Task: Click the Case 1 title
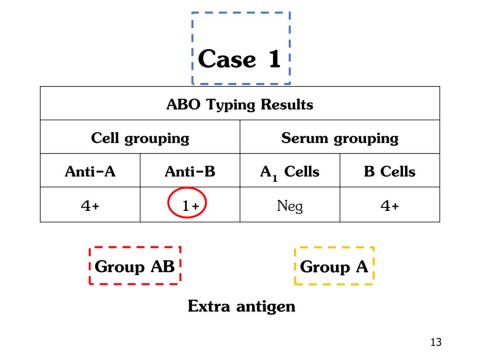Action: [x=240, y=58]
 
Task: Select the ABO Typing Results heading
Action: [x=240, y=104]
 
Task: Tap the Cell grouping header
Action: [x=140, y=138]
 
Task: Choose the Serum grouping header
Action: [x=340, y=138]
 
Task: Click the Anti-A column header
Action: [x=90, y=171]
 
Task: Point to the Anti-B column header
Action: [x=190, y=171]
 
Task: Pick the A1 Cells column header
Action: [x=289, y=171]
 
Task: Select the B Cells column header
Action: [x=389, y=171]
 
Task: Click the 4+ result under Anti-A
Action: [x=90, y=205]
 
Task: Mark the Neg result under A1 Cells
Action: [x=289, y=205]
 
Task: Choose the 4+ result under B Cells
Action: [x=389, y=205]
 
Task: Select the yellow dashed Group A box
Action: [x=334, y=267]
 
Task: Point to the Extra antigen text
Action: [x=241, y=306]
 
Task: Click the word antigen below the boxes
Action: [x=264, y=307]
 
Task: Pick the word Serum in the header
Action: [x=306, y=138]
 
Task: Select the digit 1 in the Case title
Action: [x=273, y=58]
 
